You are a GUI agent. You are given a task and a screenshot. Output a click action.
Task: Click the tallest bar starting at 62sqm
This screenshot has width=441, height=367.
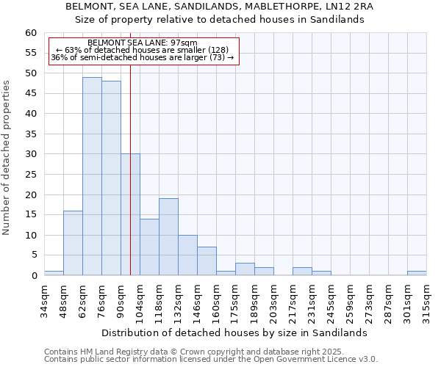tap(92, 176)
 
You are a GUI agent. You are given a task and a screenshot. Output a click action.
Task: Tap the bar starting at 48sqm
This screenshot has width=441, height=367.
tap(73, 243)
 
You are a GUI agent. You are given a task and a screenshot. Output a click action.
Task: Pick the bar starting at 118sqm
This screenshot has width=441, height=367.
tap(168, 237)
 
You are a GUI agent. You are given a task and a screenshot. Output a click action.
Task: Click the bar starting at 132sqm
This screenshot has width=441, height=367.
tap(187, 255)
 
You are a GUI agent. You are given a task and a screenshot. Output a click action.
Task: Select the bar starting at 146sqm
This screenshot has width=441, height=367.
tap(207, 261)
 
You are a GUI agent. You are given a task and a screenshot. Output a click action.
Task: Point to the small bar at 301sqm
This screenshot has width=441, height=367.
tap(417, 273)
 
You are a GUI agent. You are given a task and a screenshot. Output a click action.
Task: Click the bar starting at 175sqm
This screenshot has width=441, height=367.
tap(245, 269)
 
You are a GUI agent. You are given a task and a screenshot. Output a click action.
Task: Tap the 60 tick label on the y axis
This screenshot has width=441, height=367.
tap(30, 33)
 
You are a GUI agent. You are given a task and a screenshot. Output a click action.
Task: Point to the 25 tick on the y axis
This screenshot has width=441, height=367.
tap(30, 175)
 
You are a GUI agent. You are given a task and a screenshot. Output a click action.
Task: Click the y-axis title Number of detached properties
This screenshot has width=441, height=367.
tap(7, 158)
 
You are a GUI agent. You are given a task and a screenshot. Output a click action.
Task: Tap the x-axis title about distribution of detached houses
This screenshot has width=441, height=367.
tap(234, 333)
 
